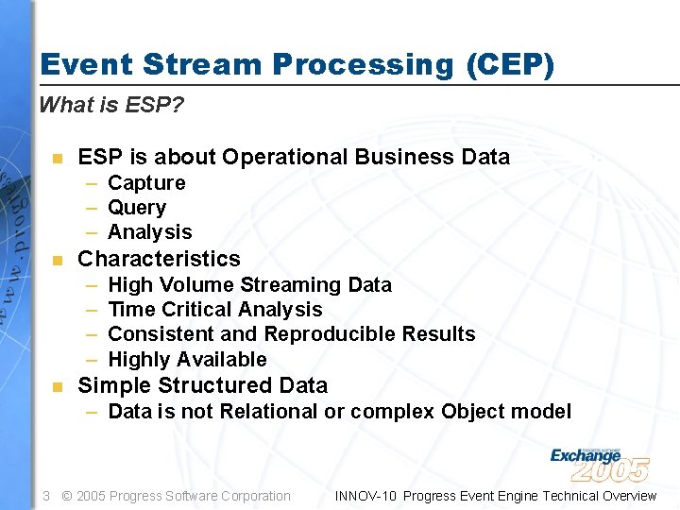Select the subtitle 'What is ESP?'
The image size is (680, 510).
point(111,105)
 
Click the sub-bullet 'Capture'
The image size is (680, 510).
point(146,182)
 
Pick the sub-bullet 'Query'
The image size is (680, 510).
point(137,208)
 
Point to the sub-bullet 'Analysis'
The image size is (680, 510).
point(150,232)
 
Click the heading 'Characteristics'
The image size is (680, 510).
point(159,259)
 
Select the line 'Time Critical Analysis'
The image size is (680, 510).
point(215,310)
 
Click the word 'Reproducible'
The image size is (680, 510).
point(330,334)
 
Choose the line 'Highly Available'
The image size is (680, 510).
point(187,360)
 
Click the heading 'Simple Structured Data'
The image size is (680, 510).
point(202,385)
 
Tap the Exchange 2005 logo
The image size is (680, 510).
point(599,462)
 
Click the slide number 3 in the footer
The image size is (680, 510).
point(46,496)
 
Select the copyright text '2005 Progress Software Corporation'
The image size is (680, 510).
point(183,496)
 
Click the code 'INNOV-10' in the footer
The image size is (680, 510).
point(365,496)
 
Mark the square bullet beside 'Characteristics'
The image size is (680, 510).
point(58,260)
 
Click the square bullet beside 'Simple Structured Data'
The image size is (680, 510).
point(58,386)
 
